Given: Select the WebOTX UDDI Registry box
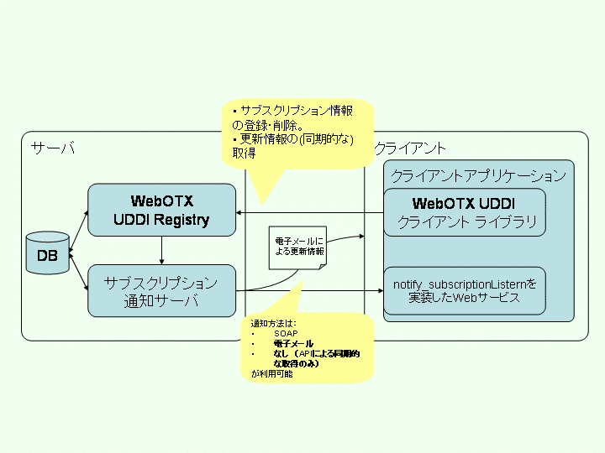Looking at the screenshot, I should tap(161, 211).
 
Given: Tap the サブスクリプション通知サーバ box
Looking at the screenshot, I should tap(161, 291).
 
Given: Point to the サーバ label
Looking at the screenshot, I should tap(53, 148).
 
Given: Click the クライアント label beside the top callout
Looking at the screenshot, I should tap(410, 148).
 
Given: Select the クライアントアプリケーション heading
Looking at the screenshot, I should tap(478, 175).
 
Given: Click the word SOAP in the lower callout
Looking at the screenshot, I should tap(286, 333).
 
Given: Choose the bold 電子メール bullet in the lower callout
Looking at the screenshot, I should tap(293, 344).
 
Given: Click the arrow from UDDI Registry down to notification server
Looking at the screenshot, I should tap(161, 251).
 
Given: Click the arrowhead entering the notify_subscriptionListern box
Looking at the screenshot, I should tap(379, 292).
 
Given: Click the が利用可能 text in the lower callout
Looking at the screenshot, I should tap(272, 374).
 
